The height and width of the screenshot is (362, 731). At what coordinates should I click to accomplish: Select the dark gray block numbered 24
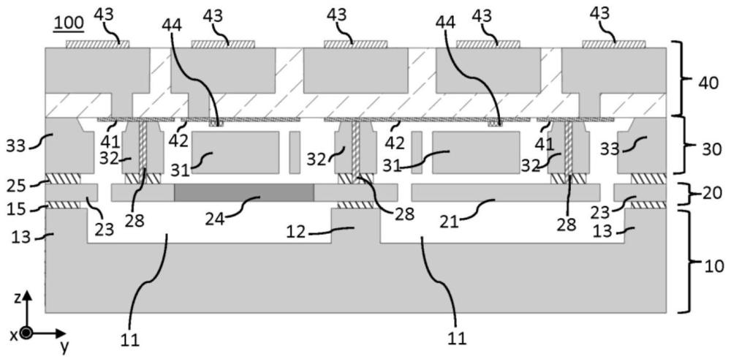[x=243, y=192]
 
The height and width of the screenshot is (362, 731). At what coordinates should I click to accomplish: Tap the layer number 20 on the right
[x=706, y=194]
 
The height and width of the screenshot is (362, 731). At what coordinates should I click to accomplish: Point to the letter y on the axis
[x=64, y=343]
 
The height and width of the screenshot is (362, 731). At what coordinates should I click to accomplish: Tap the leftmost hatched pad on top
[x=97, y=44]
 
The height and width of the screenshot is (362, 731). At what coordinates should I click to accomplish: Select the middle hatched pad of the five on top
[x=355, y=44]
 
